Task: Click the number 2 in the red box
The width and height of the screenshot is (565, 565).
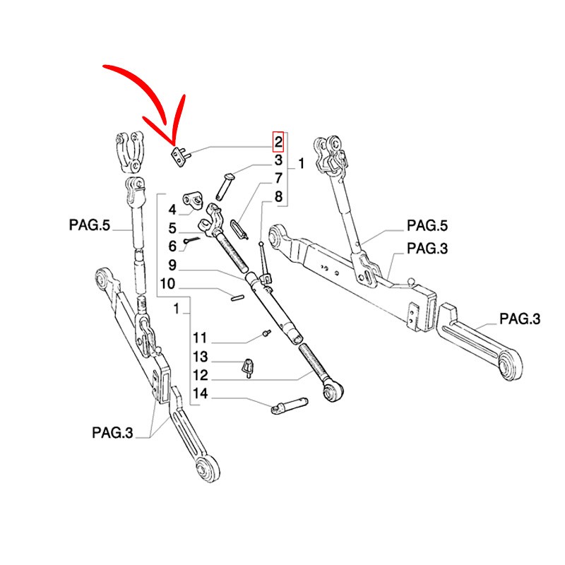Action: (278, 142)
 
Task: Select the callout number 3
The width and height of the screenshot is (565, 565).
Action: (278, 162)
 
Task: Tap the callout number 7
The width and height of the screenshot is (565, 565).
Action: (278, 179)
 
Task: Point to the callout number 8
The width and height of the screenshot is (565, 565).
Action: (278, 197)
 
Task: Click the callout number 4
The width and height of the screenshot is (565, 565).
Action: (172, 209)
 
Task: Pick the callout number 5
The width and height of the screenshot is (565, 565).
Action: (172, 228)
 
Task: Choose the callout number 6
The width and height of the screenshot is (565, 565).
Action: (172, 246)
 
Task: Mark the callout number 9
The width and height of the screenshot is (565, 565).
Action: (172, 266)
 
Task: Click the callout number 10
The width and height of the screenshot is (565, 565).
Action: (167, 285)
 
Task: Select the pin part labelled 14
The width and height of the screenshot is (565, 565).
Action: (290, 405)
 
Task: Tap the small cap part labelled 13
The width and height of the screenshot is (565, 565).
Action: (248, 367)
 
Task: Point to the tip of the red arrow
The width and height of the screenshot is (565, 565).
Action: (172, 139)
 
